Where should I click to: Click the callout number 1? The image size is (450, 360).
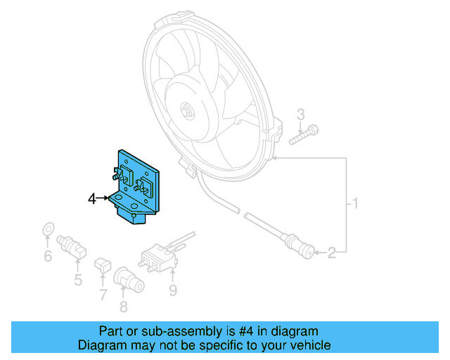point(356,205)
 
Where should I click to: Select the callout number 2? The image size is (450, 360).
point(340,250)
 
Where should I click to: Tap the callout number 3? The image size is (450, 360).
point(301,115)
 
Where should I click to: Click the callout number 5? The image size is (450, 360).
point(78,281)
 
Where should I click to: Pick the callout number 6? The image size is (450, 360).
point(48,257)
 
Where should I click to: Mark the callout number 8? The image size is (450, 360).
point(124,306)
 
